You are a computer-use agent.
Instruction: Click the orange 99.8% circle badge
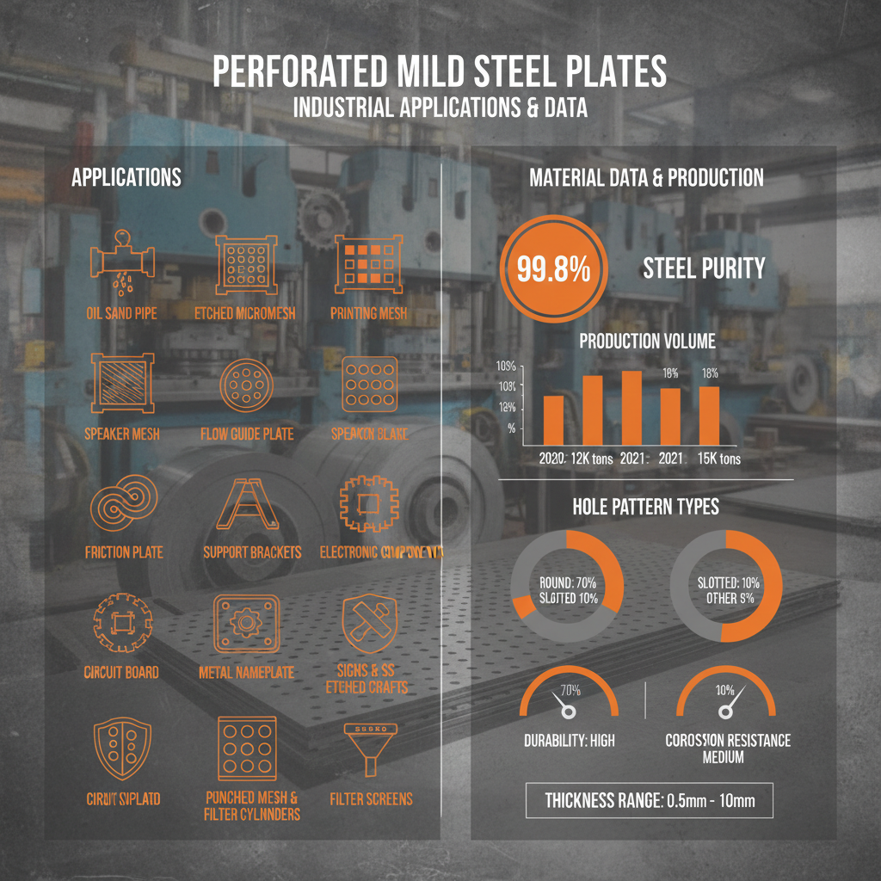[x=553, y=268]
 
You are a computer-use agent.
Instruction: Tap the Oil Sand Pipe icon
[x=121, y=261]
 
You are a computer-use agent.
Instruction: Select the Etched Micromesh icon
[x=246, y=261]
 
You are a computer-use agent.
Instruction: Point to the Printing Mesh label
[x=368, y=313]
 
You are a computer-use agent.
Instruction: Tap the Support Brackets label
[x=252, y=551]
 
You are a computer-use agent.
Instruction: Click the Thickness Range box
[x=650, y=800]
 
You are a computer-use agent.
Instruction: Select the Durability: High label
[x=569, y=740]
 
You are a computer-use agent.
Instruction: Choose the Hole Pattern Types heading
[x=645, y=506]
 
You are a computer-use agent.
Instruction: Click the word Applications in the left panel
[x=126, y=177]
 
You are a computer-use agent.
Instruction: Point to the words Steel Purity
[x=704, y=268]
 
